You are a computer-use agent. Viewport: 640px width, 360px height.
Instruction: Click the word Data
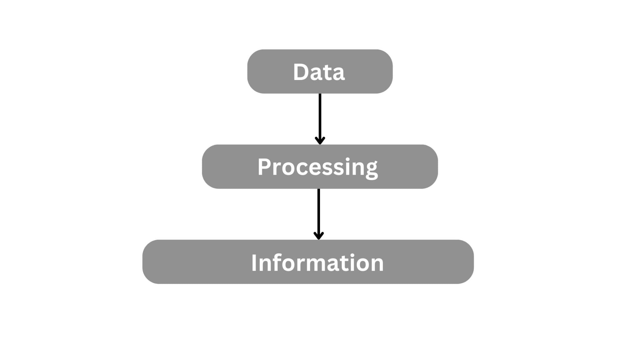319,72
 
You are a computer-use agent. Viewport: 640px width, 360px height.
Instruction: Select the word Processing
317,168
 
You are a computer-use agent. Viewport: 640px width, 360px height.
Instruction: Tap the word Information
317,263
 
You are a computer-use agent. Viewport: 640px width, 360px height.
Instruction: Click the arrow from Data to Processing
320,119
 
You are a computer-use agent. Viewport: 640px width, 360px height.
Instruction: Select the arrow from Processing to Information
318,214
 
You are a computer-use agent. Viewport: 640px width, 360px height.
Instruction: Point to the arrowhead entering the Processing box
320,141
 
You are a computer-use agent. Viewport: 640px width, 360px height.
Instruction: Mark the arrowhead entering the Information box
318,236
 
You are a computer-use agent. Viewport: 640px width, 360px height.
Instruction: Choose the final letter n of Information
377,265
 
